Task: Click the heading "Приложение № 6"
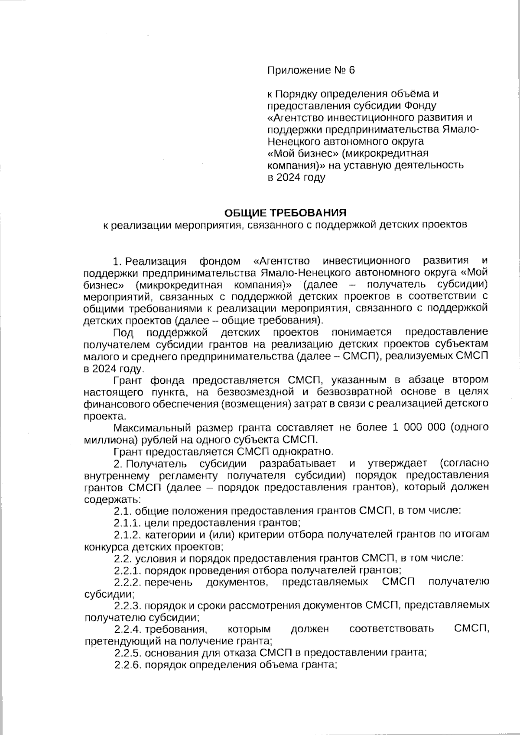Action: pyautogui.click(x=311, y=70)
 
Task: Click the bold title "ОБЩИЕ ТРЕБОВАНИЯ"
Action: pyautogui.click(x=285, y=213)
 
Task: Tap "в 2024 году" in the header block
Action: pyautogui.click(x=296, y=177)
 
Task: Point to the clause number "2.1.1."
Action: pyautogui.click(x=127, y=522)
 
